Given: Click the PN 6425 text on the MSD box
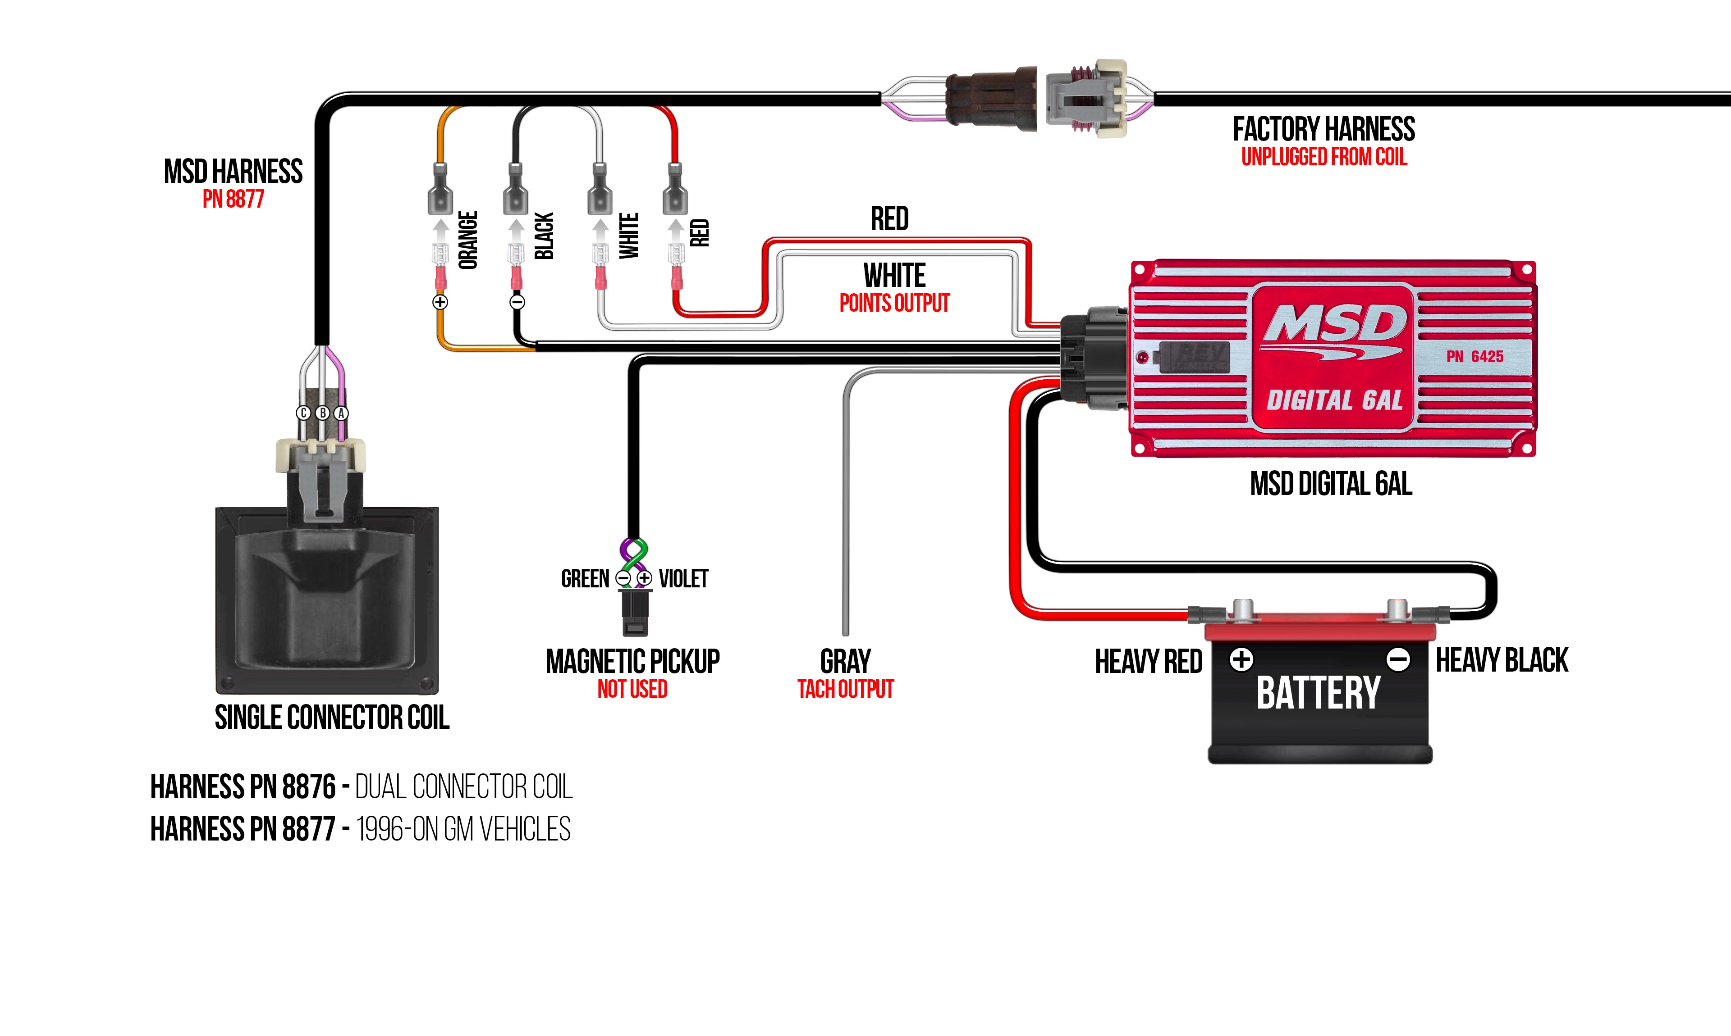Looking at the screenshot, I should click(x=1474, y=357).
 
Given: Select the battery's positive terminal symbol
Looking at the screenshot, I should click(x=1241, y=659).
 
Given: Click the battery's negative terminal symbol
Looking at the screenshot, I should click(x=1398, y=659).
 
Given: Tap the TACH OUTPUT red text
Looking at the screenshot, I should click(x=845, y=690).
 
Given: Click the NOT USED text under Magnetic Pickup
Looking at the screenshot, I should click(x=632, y=690).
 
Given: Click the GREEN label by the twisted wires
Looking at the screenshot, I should click(x=585, y=579).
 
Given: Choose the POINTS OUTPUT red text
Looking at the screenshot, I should click(x=894, y=303).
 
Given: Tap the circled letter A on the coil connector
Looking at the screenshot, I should click(x=341, y=413).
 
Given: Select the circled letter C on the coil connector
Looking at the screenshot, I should click(x=303, y=413).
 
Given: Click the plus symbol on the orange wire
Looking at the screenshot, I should click(x=440, y=302).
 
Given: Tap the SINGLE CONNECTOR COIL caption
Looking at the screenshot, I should click(x=332, y=718).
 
